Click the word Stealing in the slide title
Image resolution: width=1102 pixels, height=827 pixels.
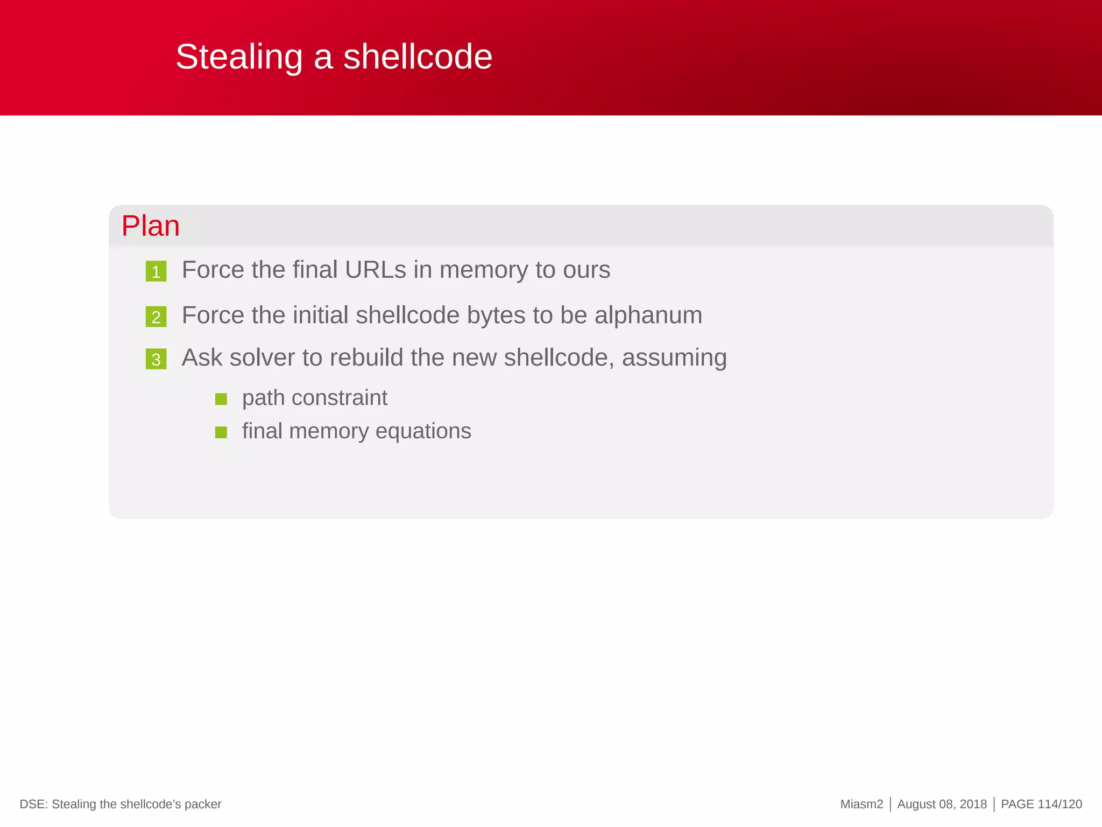[239, 57]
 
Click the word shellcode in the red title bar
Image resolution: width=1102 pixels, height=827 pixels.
[418, 57]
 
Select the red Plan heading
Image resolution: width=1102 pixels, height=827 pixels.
[150, 226]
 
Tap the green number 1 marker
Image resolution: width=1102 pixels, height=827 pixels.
[156, 271]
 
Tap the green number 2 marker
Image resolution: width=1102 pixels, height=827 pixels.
[156, 317]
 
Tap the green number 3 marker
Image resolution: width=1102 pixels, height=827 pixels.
[156, 359]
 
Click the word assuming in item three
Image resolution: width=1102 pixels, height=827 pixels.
[674, 358]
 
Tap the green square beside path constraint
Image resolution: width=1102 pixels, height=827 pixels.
[221, 399]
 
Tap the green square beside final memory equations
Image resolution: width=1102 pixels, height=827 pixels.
[221, 432]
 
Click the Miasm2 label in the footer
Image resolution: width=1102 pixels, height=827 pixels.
[861, 804]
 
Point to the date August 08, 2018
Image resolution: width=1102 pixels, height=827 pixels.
[942, 804]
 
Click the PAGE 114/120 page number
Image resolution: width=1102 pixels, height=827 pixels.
[1041, 804]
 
